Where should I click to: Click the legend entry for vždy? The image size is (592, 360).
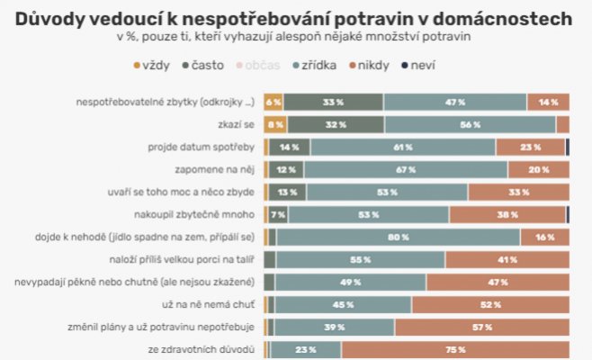(x=153, y=66)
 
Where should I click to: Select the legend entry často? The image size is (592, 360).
(x=203, y=66)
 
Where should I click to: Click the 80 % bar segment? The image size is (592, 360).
(x=398, y=236)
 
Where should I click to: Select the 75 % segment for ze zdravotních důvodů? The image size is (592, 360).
(x=454, y=348)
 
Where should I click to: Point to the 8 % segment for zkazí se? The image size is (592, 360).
(x=275, y=124)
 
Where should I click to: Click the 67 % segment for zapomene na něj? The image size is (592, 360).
(x=405, y=169)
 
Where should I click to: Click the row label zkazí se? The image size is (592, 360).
(x=236, y=124)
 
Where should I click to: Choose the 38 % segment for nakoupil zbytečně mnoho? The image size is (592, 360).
(x=507, y=214)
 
